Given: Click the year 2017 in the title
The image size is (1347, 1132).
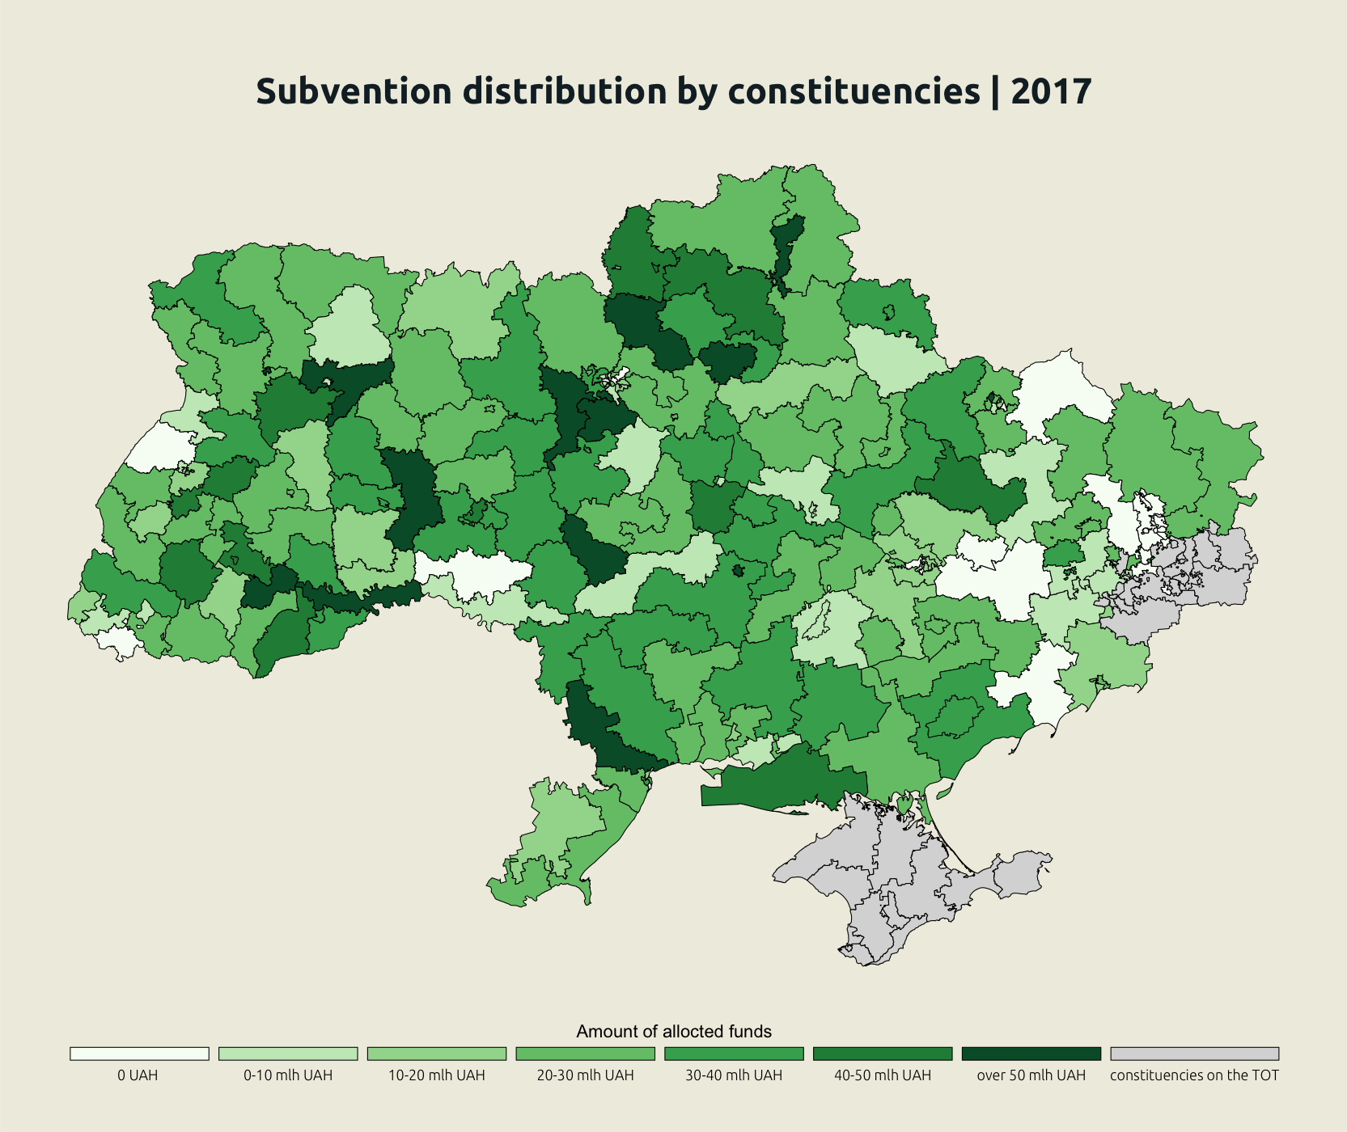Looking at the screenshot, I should coord(1051,91).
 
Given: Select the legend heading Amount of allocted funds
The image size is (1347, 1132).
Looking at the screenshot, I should coord(673,1031).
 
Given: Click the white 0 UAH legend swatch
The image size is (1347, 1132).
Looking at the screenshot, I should coord(139,1054).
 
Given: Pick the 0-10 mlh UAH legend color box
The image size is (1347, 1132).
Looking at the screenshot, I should coord(288,1054).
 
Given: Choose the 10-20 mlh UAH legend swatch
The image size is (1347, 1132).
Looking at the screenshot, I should coord(436,1054).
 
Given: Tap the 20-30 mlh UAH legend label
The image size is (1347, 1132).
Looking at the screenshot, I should coord(585,1075).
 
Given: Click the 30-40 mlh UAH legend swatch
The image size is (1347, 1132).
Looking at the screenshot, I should coord(734,1054).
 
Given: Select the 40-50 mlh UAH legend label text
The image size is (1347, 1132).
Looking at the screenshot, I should coord(883,1075).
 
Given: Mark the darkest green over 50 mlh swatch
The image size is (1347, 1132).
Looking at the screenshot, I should coord(1031,1054).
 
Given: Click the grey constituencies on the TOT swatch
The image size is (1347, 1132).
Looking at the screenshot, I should coord(1194,1054).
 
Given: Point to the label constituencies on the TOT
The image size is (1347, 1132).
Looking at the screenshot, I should coord(1194,1075).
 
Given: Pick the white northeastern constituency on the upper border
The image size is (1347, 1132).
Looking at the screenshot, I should coord(1060,388).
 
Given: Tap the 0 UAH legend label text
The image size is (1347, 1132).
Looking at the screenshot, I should coord(138,1075).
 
